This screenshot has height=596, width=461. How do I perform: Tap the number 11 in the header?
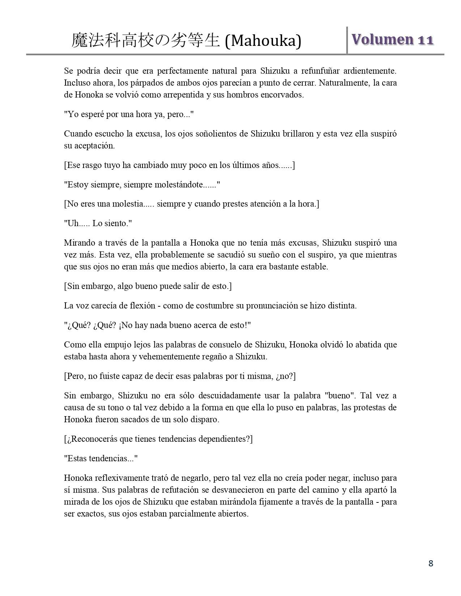[426, 40]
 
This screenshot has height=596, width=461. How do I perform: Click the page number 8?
[430, 563]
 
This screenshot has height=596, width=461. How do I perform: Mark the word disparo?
[206, 420]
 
